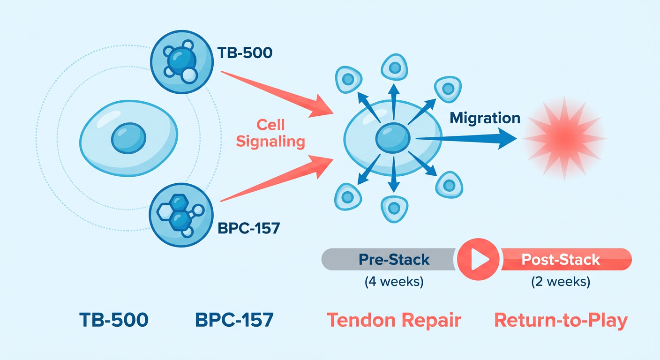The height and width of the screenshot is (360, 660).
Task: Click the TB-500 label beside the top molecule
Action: point(245,53)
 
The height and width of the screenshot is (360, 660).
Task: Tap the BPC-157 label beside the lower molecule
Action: point(249,228)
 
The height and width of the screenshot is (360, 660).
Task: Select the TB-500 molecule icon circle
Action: point(182,62)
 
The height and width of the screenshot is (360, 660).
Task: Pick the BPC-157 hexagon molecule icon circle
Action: point(181,215)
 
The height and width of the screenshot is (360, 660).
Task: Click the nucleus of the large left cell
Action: point(128,138)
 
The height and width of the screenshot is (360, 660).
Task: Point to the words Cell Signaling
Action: point(270,133)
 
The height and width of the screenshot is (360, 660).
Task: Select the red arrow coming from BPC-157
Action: point(277,179)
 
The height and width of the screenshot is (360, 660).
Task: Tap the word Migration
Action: point(485,118)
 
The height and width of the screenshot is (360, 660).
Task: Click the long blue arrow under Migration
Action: point(466,138)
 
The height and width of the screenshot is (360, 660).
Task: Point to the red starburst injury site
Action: point(564,138)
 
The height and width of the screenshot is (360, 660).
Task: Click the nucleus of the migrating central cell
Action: point(393,138)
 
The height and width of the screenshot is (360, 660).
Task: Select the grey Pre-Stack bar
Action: point(389,259)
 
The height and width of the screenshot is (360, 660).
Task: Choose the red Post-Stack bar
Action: point(566,259)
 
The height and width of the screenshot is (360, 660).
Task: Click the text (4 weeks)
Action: point(394,282)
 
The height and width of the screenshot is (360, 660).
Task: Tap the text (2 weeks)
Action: point(561,282)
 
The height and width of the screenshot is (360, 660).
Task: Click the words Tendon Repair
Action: point(394,320)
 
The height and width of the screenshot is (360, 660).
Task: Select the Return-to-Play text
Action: point(561,321)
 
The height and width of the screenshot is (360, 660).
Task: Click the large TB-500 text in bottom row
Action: point(114,320)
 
